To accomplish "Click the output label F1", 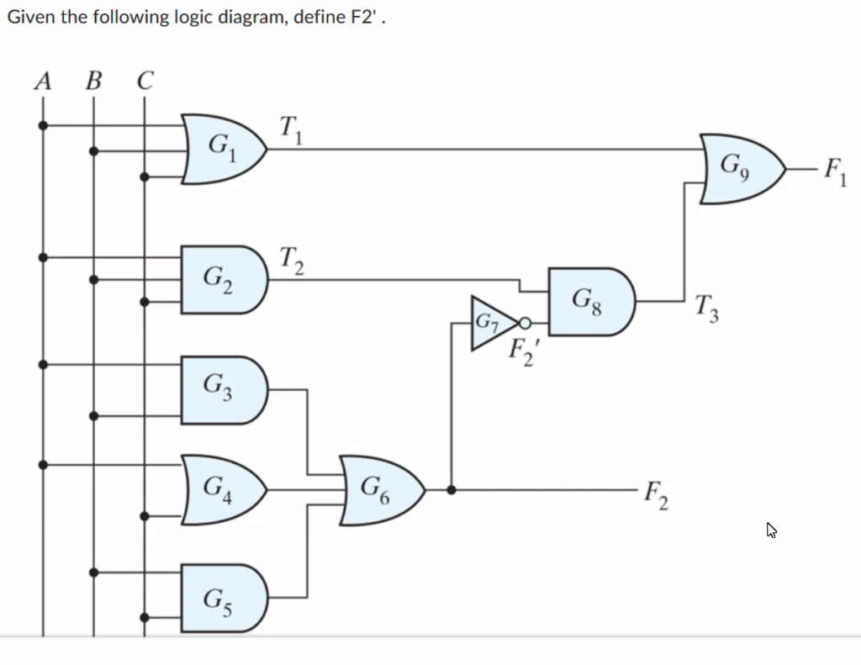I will coord(835,172).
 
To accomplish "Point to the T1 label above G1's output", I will coord(291,130).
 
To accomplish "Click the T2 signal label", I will coord(292,260).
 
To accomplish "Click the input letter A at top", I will coord(43,82).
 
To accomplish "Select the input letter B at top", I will coord(93,82).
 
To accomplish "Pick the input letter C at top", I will coord(145,82).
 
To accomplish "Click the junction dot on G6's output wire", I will coord(452,489).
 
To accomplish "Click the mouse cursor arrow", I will coord(771,530).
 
